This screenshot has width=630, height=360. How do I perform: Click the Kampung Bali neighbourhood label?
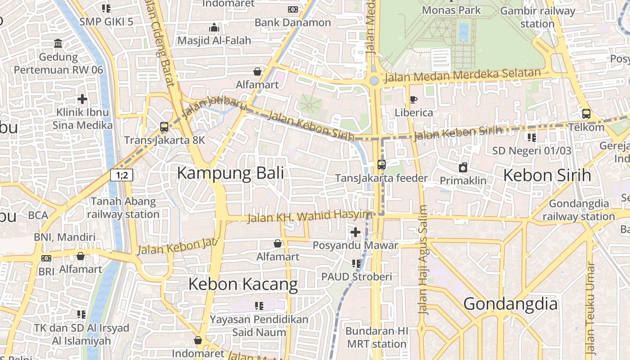[x=230, y=173]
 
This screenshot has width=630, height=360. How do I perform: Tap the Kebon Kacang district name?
[x=243, y=284]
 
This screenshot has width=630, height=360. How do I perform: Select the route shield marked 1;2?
[x=122, y=175]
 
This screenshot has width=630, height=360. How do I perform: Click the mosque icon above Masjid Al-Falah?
[x=214, y=27]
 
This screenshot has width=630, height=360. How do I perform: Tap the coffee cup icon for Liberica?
[x=413, y=99]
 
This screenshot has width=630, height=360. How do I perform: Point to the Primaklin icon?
[x=463, y=168]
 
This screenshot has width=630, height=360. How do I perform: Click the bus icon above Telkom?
[x=586, y=114]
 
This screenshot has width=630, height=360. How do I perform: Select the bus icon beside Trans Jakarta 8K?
[x=164, y=127]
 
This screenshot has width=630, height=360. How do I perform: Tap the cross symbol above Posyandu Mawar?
[x=355, y=232]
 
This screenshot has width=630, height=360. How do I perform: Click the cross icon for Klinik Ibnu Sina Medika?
[x=82, y=99]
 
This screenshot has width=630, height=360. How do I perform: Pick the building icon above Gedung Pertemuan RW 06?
[x=58, y=44]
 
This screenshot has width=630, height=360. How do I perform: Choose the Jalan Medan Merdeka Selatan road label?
[x=462, y=76]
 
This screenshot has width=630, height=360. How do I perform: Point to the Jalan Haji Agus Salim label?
[x=423, y=260]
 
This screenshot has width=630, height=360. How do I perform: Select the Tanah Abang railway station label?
[x=123, y=208]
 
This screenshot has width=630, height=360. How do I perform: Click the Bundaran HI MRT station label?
[x=377, y=337]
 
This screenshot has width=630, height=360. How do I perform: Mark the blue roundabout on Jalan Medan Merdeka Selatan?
[x=374, y=81]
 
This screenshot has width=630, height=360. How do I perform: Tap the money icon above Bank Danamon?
[x=293, y=9]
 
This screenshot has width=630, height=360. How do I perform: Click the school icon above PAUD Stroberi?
[x=356, y=263]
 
